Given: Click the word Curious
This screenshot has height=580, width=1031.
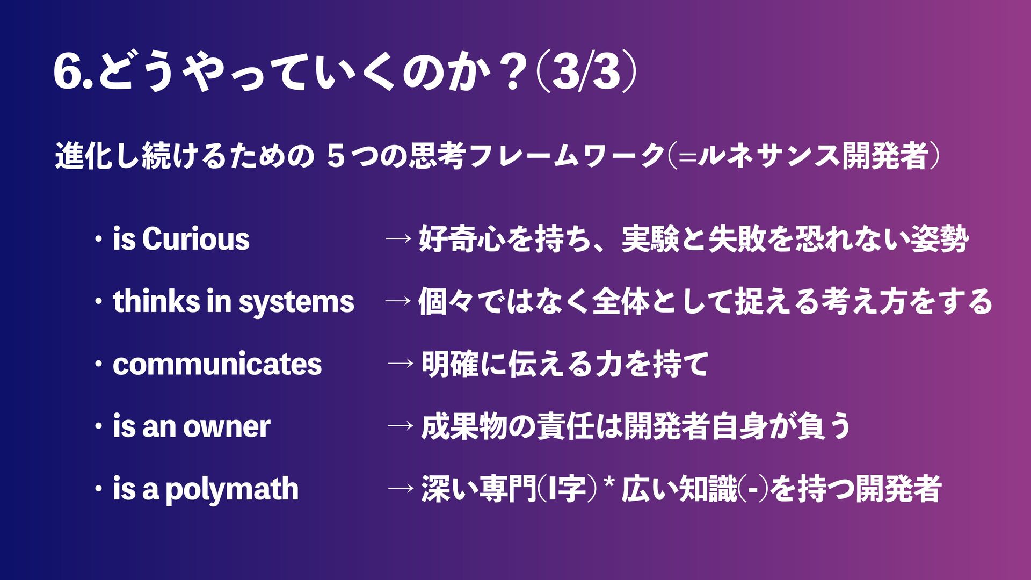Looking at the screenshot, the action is click(195, 239).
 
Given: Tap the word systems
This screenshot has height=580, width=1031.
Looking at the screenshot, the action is click(296, 302).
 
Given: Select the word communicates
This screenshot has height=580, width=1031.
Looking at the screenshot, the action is click(217, 364).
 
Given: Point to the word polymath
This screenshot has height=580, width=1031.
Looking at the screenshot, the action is click(231, 489).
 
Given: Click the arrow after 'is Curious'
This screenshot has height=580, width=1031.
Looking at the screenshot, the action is click(398, 239).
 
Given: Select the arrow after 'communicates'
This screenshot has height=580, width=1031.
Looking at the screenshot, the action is click(401, 364).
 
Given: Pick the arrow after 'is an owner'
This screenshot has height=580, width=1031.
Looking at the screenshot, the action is click(401, 426).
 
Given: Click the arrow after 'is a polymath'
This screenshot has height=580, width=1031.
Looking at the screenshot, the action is click(401, 489).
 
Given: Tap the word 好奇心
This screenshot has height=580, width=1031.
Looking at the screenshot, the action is click(461, 239).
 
